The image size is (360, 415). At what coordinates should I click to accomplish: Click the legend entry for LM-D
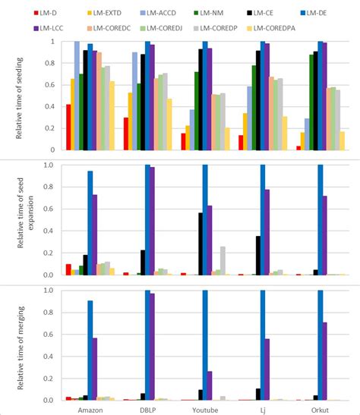pyautogui.click(x=46, y=13)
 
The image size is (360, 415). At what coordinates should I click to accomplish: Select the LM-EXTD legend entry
pyautogui.click(x=104, y=13)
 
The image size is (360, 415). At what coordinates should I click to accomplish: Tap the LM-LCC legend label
pyautogui.click(x=49, y=28)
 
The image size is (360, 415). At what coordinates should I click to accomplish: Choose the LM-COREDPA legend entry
pyautogui.click(x=271, y=28)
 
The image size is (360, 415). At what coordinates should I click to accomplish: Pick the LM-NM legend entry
pyautogui.click(x=209, y=13)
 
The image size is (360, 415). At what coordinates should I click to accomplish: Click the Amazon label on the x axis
pyautogui.click(x=90, y=410)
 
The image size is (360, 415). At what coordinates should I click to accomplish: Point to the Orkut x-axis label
pyautogui.click(x=320, y=410)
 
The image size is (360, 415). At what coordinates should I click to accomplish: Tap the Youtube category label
pyautogui.click(x=205, y=410)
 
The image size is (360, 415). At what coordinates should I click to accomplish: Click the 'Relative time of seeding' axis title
pyautogui.click(x=19, y=98)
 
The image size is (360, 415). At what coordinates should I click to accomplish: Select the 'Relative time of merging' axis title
pyautogui.click(x=21, y=347)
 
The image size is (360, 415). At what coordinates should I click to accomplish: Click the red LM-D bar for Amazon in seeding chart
pyautogui.click(x=68, y=127)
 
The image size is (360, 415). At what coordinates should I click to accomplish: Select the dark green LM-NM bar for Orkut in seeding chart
pyautogui.click(x=311, y=102)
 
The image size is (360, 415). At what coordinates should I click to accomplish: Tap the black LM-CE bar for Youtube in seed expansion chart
pyautogui.click(x=201, y=244)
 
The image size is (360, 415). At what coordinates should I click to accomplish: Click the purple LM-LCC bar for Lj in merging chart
pyautogui.click(x=267, y=369)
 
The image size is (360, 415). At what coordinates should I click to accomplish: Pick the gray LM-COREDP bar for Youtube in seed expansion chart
pyautogui.click(x=223, y=261)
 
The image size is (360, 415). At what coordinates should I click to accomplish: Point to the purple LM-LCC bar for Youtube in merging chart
pyautogui.click(x=210, y=386)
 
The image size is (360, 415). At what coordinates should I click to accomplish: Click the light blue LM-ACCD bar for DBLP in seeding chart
pyautogui.click(x=135, y=102)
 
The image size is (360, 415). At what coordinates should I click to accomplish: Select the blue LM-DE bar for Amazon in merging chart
pyautogui.click(x=90, y=351)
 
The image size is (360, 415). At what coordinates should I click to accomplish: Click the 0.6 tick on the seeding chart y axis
pyautogui.click(x=52, y=85)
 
